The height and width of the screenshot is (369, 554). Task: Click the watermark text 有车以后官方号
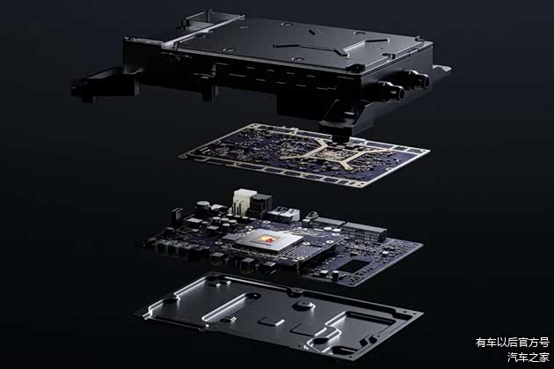point(513,343)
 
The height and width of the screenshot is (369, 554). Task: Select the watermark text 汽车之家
point(528,357)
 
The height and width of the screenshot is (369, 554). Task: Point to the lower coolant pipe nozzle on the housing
point(391,90)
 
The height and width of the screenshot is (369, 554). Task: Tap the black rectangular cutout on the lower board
point(354,266)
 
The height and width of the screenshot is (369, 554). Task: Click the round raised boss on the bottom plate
point(304,306)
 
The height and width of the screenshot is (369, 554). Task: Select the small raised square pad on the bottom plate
point(272,321)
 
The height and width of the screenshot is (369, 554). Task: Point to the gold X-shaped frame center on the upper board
point(335,153)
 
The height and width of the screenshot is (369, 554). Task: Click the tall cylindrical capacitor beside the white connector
point(203,208)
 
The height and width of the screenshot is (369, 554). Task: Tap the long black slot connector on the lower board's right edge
point(364,232)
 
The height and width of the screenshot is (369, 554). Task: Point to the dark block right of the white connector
point(261,203)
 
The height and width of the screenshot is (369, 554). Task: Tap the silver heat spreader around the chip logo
point(269,240)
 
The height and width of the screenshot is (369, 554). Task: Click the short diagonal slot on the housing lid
point(312,32)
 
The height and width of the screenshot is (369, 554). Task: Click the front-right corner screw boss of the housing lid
point(354,68)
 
